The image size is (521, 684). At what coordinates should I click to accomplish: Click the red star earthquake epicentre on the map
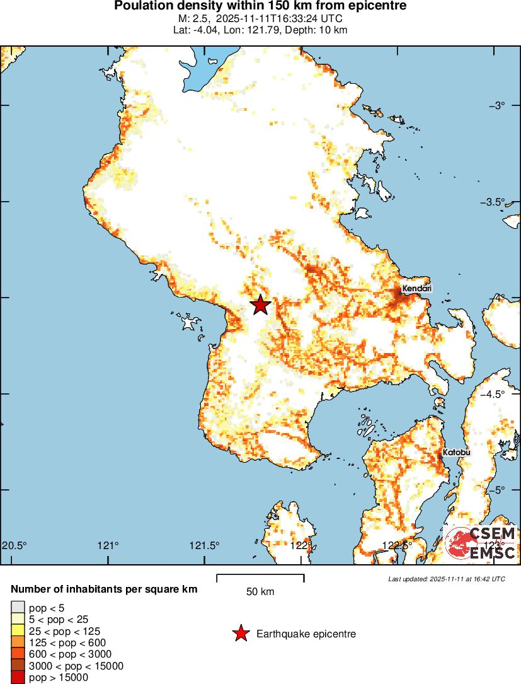261,305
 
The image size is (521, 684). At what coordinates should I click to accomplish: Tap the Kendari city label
416,288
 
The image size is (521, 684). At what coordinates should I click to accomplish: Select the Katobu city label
456,453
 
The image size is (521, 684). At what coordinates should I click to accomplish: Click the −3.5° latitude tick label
501,202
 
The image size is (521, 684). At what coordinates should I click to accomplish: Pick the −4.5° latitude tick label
501,394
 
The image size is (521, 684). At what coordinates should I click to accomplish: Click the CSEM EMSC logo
481,543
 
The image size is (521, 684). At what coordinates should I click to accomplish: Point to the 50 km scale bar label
260,592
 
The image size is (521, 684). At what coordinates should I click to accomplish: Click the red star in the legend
241,634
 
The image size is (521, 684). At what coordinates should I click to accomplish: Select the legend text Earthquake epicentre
306,634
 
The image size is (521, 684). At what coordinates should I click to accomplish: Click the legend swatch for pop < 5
18,608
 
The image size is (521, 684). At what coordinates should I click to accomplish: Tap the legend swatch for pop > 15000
18,678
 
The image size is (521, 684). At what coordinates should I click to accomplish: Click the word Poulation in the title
141,6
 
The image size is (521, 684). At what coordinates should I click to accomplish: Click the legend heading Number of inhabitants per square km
105,589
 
